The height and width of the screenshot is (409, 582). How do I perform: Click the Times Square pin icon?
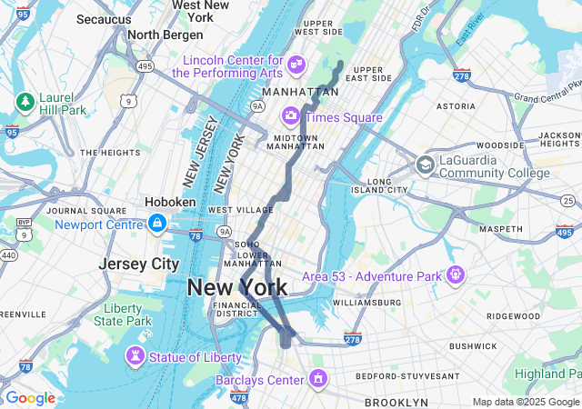291,115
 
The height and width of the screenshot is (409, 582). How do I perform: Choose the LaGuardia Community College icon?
425,165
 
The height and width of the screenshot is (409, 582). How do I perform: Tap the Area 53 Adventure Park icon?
455,274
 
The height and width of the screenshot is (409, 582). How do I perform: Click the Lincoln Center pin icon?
296,64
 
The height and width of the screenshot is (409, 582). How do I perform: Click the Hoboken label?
170,202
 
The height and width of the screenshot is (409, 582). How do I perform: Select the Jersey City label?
139,264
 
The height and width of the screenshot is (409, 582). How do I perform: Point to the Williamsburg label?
366,302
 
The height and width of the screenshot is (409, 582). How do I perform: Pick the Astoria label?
456,105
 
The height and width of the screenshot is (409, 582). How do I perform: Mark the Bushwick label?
473,346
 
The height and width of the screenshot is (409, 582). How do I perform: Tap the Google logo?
30,398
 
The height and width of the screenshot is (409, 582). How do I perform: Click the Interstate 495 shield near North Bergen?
119,65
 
